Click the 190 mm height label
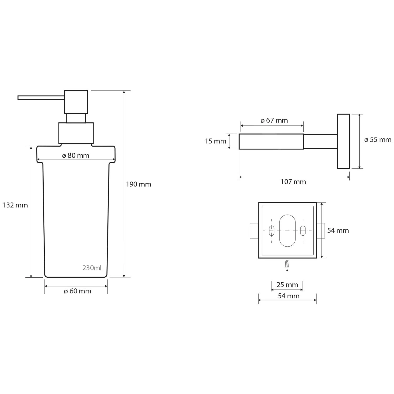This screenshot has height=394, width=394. point(138,184)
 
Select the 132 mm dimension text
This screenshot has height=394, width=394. point(15,205)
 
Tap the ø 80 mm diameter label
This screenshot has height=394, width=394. point(76,155)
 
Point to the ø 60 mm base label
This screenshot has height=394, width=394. point(77,291)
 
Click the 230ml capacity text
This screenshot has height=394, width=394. point(92,268)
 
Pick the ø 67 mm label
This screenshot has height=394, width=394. point(274,120)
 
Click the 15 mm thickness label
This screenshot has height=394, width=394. point(215,141)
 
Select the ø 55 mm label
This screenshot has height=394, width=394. point(377,140)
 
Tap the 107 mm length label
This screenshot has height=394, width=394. point(293,182)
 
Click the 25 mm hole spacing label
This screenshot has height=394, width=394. point(287,285)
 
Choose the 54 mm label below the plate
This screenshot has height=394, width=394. point(288,296)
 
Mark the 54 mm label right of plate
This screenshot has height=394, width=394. point(338,231)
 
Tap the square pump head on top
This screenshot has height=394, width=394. point(76,102)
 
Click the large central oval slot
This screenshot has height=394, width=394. point(287,231)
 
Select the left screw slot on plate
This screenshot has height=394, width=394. point(272,230)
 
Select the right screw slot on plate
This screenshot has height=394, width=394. point(303,230)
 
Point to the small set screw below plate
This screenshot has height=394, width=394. point(287,264)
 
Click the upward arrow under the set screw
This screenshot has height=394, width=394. point(287,273)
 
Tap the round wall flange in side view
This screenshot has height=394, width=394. point(343,141)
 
